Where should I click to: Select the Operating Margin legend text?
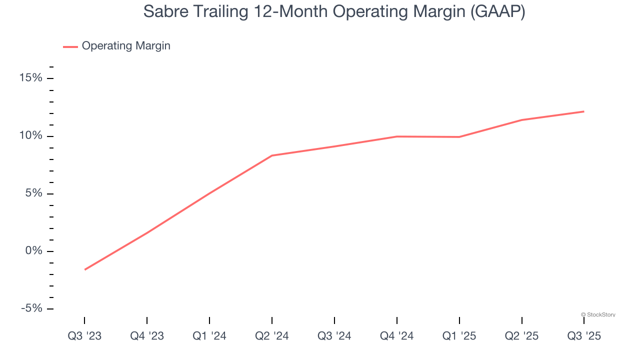click(x=126, y=46)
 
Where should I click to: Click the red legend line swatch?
click(x=70, y=46)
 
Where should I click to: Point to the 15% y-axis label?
click(x=31, y=78)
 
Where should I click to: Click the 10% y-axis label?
click(x=31, y=136)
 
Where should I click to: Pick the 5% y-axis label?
click(x=34, y=193)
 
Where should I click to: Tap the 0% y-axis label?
click(x=34, y=251)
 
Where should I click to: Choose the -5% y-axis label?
click(x=31, y=308)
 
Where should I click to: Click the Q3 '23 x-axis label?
click(x=84, y=336)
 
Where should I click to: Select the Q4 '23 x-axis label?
click(x=147, y=336)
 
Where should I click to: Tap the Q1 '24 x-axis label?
click(x=209, y=336)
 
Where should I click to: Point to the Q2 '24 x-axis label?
click(x=272, y=336)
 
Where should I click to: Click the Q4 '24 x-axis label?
click(x=396, y=336)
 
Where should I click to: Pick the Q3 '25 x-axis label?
click(x=584, y=336)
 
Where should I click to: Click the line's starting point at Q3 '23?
click(x=85, y=269)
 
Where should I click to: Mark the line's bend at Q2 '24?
click(x=272, y=155)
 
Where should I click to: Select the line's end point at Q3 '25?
click(x=583, y=111)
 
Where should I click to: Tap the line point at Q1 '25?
click(x=459, y=137)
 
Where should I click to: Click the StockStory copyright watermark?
click(x=598, y=314)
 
